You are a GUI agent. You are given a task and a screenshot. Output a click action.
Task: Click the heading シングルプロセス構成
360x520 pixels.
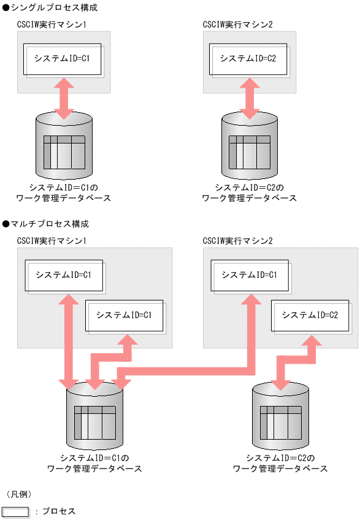[50, 8]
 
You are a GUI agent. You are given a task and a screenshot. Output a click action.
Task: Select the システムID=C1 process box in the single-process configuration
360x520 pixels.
[62, 59]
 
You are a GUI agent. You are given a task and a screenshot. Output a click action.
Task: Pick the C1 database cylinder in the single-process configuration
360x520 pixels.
[64, 145]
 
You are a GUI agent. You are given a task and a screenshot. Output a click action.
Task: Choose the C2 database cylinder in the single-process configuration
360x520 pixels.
[249, 145]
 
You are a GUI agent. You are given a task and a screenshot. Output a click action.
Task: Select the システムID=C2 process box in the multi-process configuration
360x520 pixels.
[310, 315]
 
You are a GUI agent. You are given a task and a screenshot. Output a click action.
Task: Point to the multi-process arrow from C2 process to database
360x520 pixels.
[297, 362]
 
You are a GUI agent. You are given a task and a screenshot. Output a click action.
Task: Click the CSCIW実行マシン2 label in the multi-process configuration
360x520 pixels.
[238, 240]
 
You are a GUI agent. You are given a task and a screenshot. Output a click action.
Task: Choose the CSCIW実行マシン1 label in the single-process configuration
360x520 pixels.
[52, 24]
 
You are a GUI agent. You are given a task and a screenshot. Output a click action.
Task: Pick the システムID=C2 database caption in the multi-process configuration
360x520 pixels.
[280, 464]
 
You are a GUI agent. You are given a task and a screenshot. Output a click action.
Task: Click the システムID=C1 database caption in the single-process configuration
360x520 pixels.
[64, 193]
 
